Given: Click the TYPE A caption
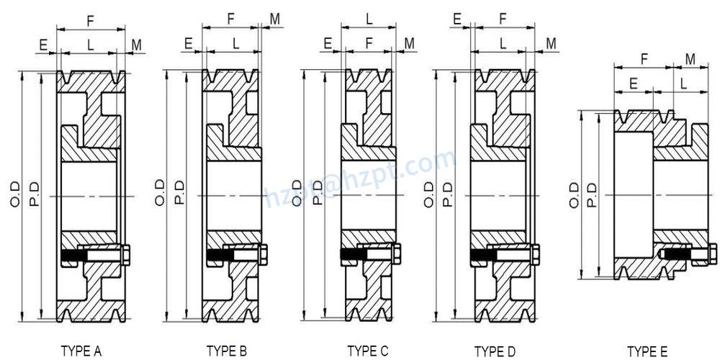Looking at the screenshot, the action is [81, 351].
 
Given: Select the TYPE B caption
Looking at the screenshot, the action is [227, 351].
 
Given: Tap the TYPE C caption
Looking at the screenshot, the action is [368, 351].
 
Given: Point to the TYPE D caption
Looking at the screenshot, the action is [495, 351].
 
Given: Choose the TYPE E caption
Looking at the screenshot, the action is [647, 351].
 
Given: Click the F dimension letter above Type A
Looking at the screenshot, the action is [91, 21].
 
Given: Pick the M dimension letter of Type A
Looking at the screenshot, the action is [136, 45].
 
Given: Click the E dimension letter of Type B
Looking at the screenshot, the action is [188, 44].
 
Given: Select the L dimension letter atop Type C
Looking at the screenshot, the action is [369, 19].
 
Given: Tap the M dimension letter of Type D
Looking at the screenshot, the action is [551, 44].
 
